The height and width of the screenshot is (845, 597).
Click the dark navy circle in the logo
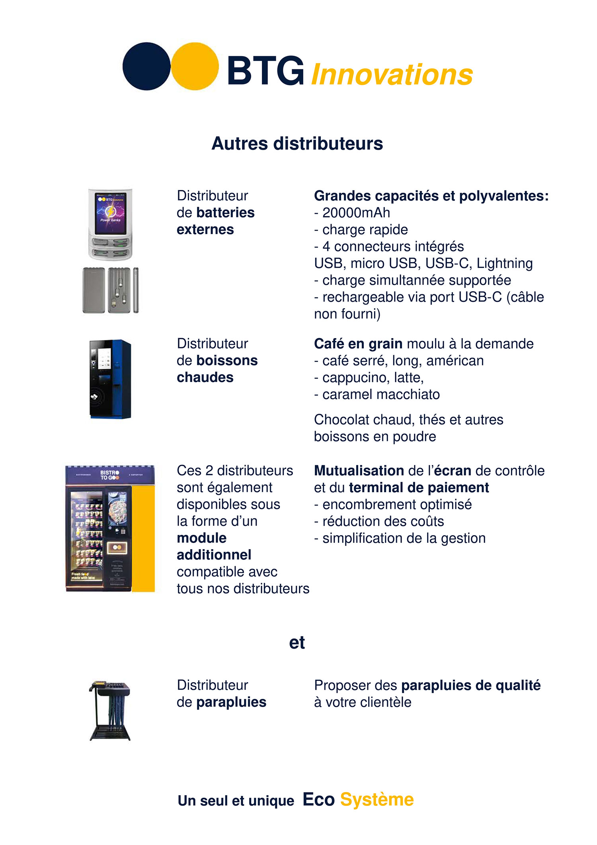(x=146, y=66)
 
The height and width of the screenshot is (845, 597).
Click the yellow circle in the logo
(x=195, y=66)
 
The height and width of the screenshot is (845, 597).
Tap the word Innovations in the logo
(x=392, y=74)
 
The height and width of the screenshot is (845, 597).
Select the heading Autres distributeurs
(x=297, y=143)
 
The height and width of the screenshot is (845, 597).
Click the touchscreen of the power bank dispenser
(x=110, y=213)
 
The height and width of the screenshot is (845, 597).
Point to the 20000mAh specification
(x=356, y=213)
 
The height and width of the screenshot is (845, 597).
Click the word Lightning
(x=505, y=263)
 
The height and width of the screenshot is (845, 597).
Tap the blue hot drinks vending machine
(x=110, y=379)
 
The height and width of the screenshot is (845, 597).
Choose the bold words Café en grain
(x=358, y=344)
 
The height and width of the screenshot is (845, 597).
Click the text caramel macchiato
(x=381, y=394)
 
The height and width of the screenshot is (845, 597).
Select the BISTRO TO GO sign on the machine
(x=109, y=475)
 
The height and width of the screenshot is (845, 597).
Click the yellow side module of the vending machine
(x=143, y=538)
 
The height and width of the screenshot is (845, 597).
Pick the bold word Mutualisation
(x=359, y=471)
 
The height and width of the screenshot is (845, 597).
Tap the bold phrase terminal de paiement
(x=419, y=487)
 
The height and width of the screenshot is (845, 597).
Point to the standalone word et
(x=297, y=643)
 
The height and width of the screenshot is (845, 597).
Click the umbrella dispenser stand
(x=110, y=711)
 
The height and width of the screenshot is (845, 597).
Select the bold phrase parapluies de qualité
(x=471, y=685)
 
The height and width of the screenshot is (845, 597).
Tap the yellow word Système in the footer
(x=377, y=800)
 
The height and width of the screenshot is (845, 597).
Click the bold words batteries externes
(x=216, y=221)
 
